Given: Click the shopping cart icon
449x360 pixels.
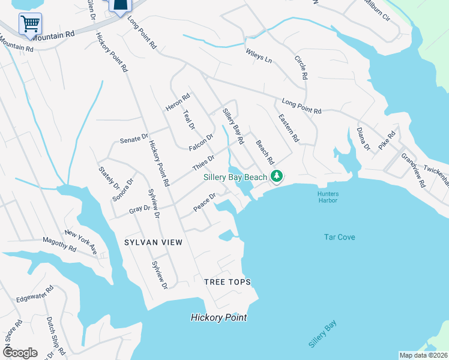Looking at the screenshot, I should click(x=30, y=23).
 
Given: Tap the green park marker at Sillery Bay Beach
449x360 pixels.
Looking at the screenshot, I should click(x=277, y=176).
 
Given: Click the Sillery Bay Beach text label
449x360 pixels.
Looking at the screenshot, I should click(x=234, y=178).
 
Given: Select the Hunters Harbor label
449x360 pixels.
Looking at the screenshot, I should click(x=328, y=196).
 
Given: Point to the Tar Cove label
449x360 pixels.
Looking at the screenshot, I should click(x=339, y=237).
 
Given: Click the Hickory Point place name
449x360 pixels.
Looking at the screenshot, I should click(x=218, y=317).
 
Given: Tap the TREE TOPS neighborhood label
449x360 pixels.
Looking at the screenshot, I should click(x=227, y=282).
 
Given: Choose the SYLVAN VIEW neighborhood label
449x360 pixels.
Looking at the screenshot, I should click(x=152, y=242).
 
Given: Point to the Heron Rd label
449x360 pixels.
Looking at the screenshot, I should click(x=178, y=101).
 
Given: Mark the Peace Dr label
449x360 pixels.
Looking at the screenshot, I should click(x=204, y=202).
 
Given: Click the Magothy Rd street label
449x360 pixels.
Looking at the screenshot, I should click(x=59, y=244).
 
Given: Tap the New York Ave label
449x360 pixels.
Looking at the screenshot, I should click(x=81, y=241).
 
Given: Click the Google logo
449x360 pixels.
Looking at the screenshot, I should click(x=19, y=353).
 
